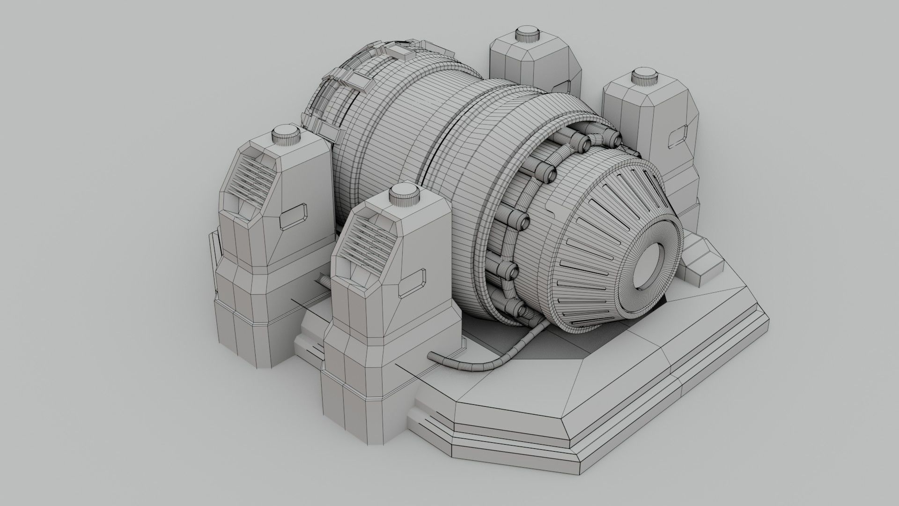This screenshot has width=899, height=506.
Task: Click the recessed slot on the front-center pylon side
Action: tap(414, 283)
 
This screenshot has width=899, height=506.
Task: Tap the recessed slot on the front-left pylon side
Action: tap(295, 216)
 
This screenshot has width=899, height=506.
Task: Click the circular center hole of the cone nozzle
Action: tap(649, 266)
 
